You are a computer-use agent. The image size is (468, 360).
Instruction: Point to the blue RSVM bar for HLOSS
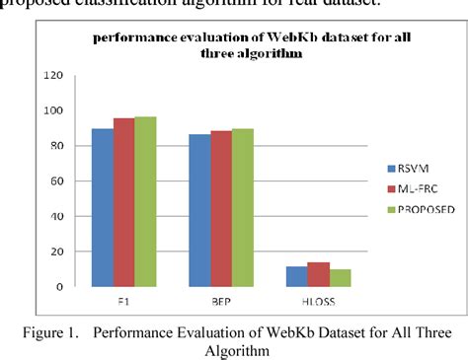pyautogui.click(x=297, y=276)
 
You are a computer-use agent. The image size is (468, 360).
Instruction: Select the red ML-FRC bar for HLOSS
pyautogui.click(x=318, y=274)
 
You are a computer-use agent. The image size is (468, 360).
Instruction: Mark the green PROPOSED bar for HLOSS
pyautogui.click(x=340, y=278)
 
